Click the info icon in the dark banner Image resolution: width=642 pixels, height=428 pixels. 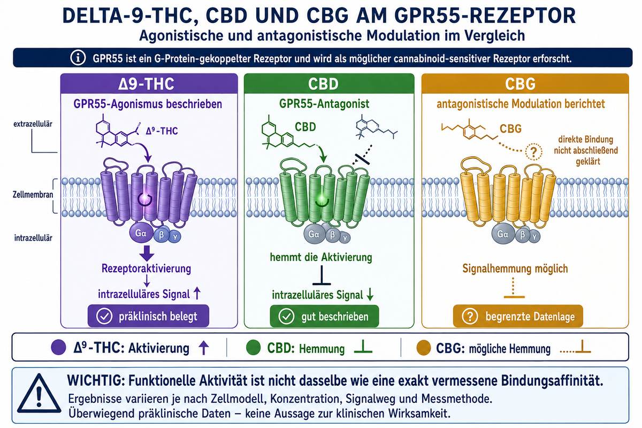tap(78, 58)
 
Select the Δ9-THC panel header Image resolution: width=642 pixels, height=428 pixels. tap(149, 83)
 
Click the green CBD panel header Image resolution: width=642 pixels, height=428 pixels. tap(329, 83)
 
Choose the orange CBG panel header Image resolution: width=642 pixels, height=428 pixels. tap(525, 83)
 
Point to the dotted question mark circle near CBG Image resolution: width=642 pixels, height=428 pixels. tap(533, 151)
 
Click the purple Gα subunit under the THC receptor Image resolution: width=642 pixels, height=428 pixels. tap(140, 233)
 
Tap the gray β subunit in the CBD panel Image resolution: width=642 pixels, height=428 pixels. tap(332, 235)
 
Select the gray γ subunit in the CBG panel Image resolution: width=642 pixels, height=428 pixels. tap(534, 237)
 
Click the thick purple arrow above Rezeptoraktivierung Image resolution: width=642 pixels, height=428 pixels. tap(147, 253)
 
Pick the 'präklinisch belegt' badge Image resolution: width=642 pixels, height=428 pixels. tap(148, 316)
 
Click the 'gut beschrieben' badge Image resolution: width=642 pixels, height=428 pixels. tap(324, 316)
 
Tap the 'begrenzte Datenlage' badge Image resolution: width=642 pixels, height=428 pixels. tap(518, 316)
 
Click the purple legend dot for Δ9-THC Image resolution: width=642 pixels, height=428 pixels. tap(58, 347)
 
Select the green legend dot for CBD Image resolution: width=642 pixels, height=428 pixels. tap(254, 347)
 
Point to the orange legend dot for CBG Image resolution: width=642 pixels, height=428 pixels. tap(424, 347)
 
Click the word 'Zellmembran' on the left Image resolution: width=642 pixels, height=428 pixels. tap(33, 195)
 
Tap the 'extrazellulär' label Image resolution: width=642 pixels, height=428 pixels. tap(33, 124)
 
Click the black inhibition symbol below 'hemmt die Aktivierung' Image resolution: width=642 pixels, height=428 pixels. tap(322, 275)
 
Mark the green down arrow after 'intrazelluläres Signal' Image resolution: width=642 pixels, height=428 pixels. tap(370, 294)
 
